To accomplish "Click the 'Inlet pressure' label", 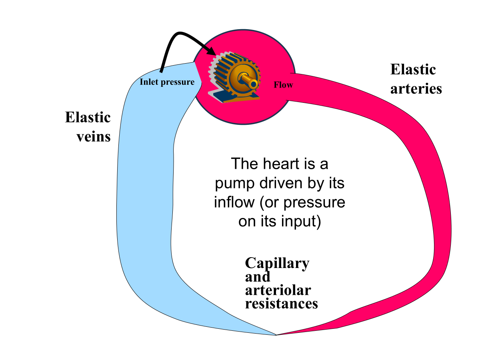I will coord(167,82).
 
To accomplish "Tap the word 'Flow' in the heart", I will coord(283,85).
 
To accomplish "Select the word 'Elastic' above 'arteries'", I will coord(413,70).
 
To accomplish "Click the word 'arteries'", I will coord(416,88).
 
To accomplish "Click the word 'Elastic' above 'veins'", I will coord(88,118).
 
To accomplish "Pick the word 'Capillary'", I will coord(277,264).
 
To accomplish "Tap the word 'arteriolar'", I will coord(278,290).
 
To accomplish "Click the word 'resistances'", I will coord(281,303).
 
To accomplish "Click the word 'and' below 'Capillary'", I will coord(257,277).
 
